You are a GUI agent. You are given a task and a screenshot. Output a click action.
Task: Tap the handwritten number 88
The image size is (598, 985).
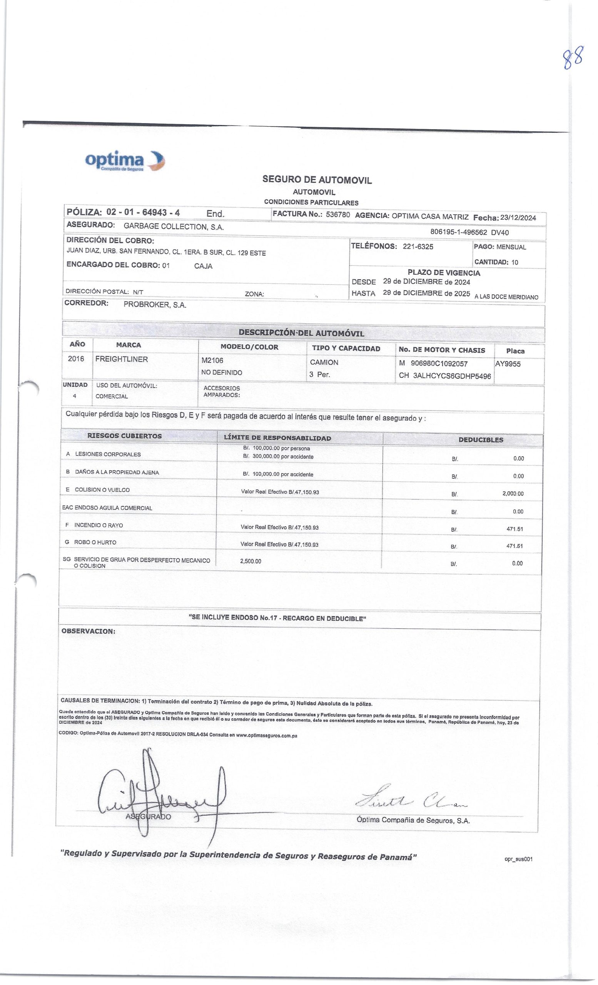(x=573, y=58)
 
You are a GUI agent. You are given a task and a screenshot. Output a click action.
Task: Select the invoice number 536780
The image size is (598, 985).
(x=338, y=215)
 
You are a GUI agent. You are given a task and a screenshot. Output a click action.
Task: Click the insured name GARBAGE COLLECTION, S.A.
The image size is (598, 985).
(x=174, y=226)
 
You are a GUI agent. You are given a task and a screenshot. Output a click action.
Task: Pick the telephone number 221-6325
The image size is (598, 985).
(x=418, y=247)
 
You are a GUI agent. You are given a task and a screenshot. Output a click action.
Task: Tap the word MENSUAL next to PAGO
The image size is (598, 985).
(x=511, y=247)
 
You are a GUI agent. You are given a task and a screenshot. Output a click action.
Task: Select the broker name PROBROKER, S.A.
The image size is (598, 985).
(x=155, y=305)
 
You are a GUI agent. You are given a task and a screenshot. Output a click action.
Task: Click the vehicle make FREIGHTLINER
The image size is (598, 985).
(x=121, y=359)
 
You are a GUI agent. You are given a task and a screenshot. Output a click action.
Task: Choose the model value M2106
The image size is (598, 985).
(x=212, y=361)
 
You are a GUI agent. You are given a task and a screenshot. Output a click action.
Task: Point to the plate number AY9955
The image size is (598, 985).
(x=508, y=364)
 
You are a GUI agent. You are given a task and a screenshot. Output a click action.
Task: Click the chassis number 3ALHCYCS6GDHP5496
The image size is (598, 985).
(x=452, y=376)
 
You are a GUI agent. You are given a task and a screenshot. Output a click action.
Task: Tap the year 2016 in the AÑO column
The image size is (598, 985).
(x=76, y=359)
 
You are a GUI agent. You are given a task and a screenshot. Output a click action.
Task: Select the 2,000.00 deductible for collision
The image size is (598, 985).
(x=513, y=494)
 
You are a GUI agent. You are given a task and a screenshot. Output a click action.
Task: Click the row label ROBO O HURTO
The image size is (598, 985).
(x=95, y=543)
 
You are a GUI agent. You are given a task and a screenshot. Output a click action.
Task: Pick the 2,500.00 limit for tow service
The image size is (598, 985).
(x=251, y=561)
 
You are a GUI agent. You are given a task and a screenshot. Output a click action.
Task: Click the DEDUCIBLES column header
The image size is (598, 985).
(x=481, y=440)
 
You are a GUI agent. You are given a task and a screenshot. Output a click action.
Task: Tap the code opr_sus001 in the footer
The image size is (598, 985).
(x=519, y=859)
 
